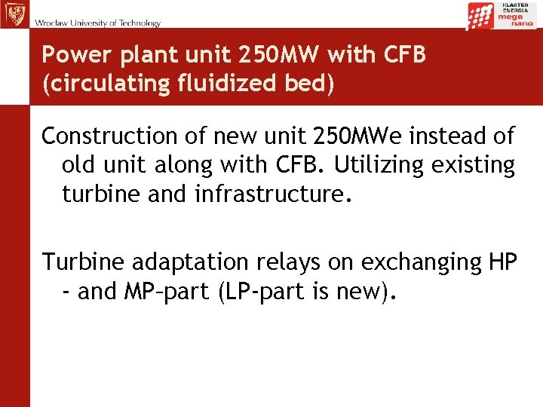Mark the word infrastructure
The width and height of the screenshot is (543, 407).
pos(274,194)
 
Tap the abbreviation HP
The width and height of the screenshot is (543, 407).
pos(502,262)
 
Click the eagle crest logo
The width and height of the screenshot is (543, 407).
pos(14,14)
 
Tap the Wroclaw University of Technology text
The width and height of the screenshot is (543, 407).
pos(97,23)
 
